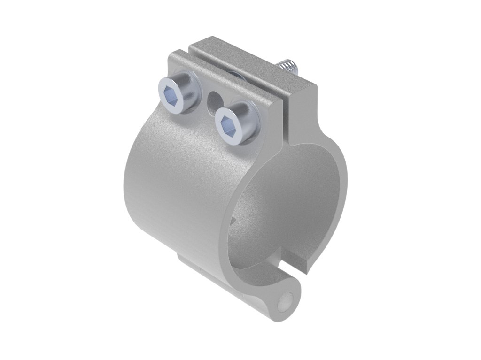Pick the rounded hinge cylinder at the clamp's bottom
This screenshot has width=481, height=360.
pyautogui.click(x=263, y=300)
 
